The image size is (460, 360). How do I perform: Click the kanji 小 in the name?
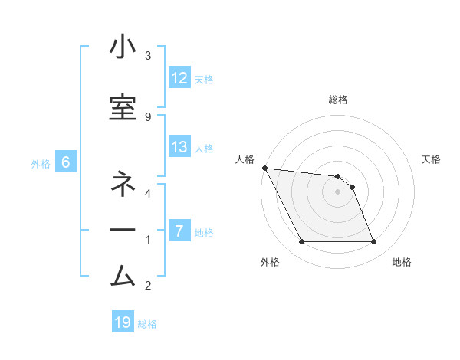[123, 47]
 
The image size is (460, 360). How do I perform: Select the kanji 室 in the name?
[123, 107]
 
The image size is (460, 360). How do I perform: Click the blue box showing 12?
[179, 78]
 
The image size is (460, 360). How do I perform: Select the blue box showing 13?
[179, 148]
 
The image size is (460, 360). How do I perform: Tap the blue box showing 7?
[179, 231]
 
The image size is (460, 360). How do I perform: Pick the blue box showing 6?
[66, 162]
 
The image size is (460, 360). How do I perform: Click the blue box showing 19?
[123, 322]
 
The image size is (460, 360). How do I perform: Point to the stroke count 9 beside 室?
[148, 116]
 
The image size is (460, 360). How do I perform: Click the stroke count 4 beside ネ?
[148, 193]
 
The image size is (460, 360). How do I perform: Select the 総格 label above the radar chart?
[338, 100]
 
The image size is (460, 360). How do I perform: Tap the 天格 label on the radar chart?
[432, 159]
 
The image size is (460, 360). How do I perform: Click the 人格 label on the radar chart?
[245, 159]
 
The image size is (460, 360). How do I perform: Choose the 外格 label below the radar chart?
[270, 263]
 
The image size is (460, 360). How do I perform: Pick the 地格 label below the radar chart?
[402, 263]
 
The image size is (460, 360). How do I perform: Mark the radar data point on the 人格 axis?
[264, 168]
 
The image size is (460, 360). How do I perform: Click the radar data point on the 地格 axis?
[374, 242]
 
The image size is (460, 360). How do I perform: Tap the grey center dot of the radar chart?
[338, 191]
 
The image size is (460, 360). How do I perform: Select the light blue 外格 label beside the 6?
[40, 163]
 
